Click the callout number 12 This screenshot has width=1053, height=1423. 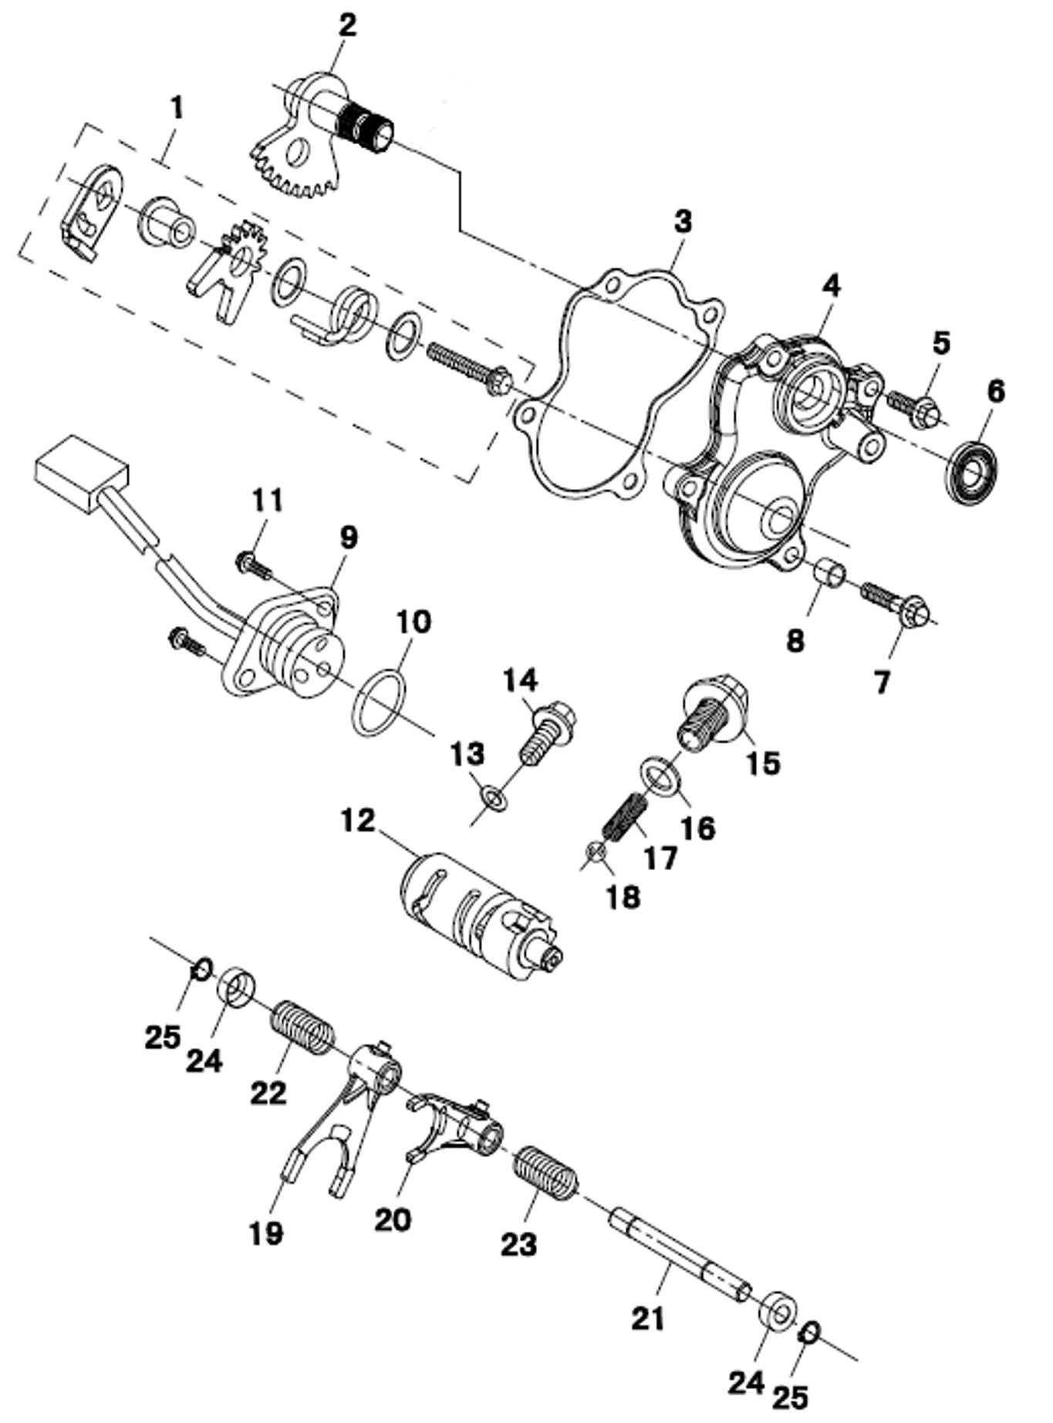358,821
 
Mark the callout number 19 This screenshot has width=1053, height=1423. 266,1233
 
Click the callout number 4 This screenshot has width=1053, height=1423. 830,285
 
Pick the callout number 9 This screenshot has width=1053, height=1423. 348,538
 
